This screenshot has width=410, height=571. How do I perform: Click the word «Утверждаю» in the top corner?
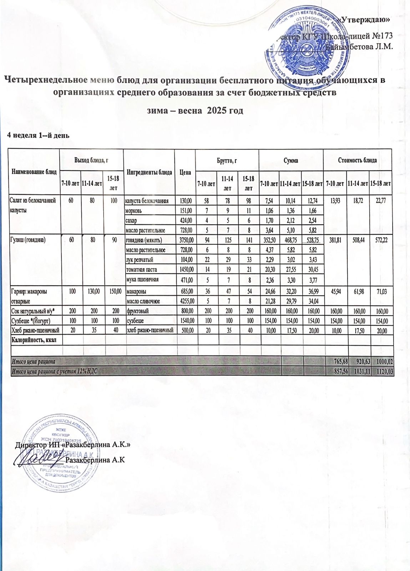click(364, 20)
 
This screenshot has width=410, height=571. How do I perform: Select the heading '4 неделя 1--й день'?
click(39, 136)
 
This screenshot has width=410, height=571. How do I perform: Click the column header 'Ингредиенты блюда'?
click(149, 172)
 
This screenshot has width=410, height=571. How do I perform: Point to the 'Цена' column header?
click(185, 172)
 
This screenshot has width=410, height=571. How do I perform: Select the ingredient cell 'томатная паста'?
click(141, 269)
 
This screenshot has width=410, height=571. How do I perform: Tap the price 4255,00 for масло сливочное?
click(185, 301)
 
